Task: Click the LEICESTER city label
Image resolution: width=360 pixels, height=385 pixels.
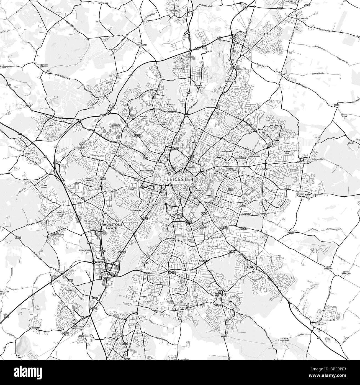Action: pos(180,179)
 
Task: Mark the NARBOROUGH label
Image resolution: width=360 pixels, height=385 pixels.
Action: pos(80,327)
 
